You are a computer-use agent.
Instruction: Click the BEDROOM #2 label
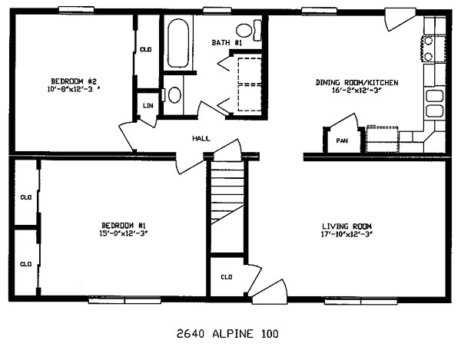[x=74, y=81]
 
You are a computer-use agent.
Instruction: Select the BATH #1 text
[x=227, y=43]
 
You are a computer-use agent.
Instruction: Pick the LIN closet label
[x=146, y=105]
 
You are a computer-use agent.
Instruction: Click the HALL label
[x=201, y=139]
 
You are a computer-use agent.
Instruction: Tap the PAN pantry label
[x=342, y=141]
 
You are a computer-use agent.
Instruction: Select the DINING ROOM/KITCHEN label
[x=357, y=82]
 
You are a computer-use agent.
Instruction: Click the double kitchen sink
[x=434, y=104]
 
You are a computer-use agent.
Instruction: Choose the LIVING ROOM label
[x=347, y=226]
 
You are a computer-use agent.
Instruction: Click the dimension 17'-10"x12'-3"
[x=347, y=233]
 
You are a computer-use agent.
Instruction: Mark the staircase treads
[x=227, y=198]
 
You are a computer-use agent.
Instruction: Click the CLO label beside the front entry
[x=227, y=276]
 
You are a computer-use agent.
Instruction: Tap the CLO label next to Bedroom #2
[x=146, y=50]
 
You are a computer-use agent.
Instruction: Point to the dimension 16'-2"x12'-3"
[x=357, y=91]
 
